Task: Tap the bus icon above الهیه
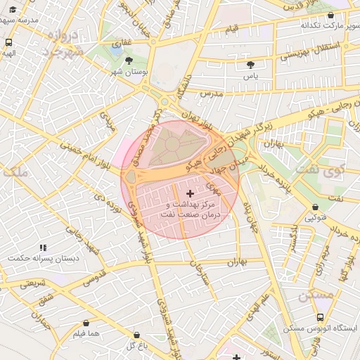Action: point(8,41)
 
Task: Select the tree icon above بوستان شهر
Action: point(129,60)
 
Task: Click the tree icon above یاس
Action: point(250,64)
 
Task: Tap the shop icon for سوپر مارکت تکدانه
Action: point(330,15)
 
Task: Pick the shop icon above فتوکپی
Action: point(314,207)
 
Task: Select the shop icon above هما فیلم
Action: point(86,323)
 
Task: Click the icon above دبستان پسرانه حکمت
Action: point(43,247)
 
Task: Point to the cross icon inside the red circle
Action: point(190,193)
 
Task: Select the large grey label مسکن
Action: point(315,295)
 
